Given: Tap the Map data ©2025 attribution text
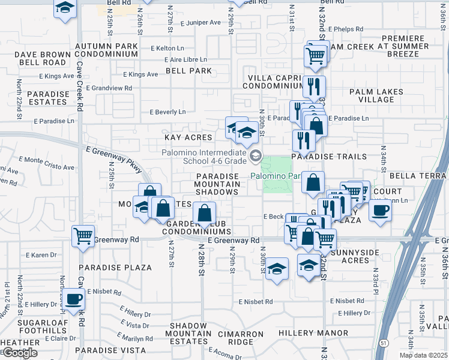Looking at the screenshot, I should coord(423,355).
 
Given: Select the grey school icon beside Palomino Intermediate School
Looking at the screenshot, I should coord(256,157).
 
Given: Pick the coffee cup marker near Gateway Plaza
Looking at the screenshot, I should coord(379,211).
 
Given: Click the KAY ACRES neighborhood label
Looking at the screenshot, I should coord(188,137).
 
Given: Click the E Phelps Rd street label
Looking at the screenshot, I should coord(351,28).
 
